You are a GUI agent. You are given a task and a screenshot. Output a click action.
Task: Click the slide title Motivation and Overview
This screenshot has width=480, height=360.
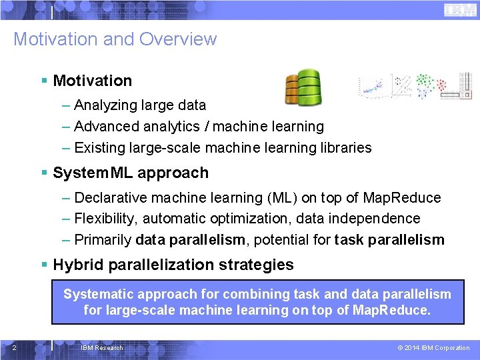(x=115, y=39)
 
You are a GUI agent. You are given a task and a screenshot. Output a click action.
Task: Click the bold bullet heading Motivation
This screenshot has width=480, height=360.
(x=93, y=81)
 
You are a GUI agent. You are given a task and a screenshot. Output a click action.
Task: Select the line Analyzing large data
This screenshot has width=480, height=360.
(x=140, y=105)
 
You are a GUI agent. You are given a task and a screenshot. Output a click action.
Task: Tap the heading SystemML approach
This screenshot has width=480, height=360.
(x=131, y=173)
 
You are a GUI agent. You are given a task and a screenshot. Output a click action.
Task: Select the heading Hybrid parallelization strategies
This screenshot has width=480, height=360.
(x=173, y=265)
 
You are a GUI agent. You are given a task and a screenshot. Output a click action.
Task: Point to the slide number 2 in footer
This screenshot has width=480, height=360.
(x=14, y=347)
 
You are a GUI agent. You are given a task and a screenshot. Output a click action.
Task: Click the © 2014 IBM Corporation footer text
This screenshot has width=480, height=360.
(x=433, y=347)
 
